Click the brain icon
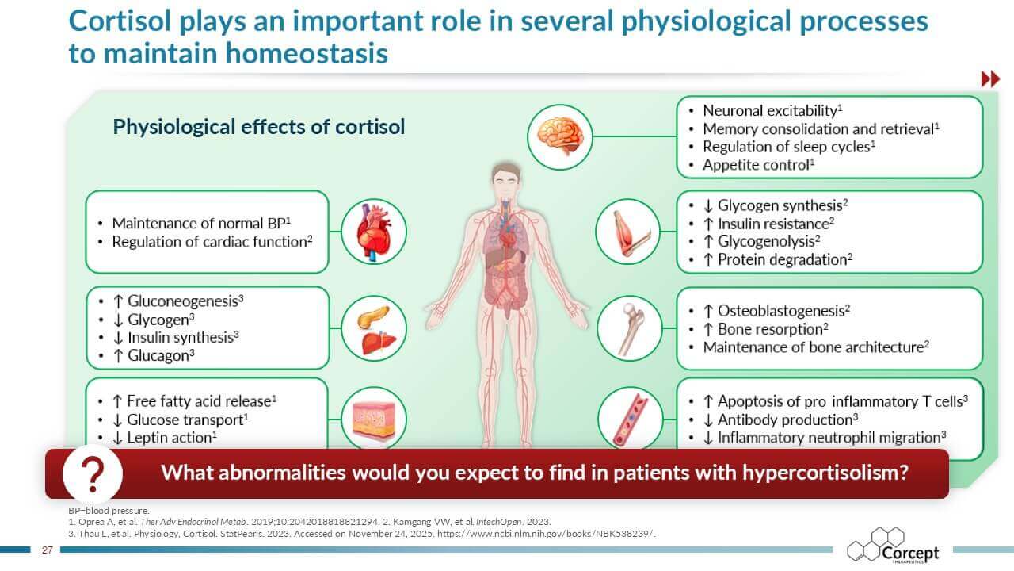coord(560,136)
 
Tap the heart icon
coord(374,232)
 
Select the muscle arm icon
coord(628,232)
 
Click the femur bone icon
coord(630,328)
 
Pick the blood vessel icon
coord(630,420)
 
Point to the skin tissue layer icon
coord(374,420)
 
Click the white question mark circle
coord(93,473)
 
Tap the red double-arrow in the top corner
coord(990,79)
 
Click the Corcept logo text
coord(910,554)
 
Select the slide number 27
coord(47,550)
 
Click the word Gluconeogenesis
coord(183,301)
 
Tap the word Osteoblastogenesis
coord(781,311)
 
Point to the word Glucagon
coord(158,356)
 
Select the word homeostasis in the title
coord(307,53)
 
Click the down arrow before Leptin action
coord(117,439)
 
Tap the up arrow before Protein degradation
coord(708,260)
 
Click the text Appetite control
coord(756,165)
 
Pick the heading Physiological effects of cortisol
coord(258,127)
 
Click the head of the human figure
coord(506,179)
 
